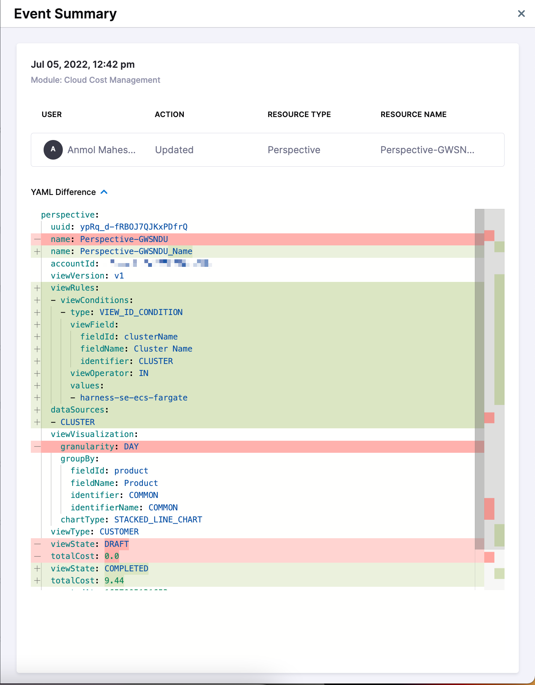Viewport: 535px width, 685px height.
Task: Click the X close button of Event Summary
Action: click(x=521, y=14)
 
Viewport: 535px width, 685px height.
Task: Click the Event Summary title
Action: click(x=65, y=14)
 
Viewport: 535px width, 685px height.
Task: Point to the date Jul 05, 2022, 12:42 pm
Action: click(x=83, y=64)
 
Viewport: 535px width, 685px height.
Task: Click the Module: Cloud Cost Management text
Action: click(x=95, y=80)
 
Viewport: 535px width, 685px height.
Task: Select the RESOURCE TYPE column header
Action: click(x=299, y=114)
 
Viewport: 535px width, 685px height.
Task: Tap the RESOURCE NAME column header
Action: click(x=413, y=114)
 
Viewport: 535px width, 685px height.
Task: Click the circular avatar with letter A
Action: click(x=53, y=149)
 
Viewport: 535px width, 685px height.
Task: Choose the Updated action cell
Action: click(x=174, y=150)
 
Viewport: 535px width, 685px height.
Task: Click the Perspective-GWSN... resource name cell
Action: click(x=427, y=150)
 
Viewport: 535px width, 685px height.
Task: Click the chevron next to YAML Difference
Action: click(x=104, y=192)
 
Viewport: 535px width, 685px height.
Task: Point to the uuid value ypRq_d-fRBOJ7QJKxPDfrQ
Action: click(x=133, y=227)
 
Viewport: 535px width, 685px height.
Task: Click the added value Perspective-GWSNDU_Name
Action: click(x=136, y=251)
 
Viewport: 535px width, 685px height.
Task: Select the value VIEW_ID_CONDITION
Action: click(x=141, y=312)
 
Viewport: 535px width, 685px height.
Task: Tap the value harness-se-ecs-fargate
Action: click(x=133, y=398)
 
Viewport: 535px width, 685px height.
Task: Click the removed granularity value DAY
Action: click(x=131, y=447)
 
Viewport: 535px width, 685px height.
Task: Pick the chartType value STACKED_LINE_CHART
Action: click(x=158, y=520)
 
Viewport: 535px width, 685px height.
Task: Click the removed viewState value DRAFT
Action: click(x=117, y=544)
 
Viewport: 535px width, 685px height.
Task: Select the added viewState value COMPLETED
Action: click(x=126, y=569)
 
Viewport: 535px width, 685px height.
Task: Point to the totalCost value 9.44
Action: click(x=114, y=581)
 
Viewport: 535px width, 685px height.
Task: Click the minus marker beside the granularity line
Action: click(x=37, y=447)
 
